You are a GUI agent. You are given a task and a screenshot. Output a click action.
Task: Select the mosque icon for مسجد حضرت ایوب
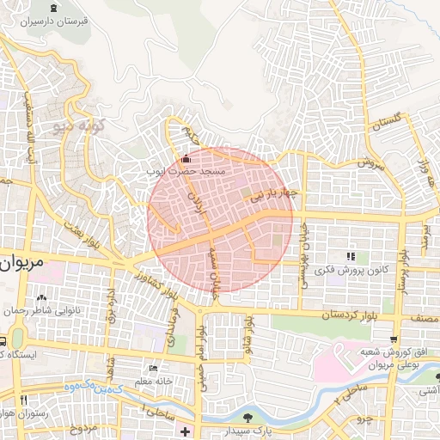(187, 158)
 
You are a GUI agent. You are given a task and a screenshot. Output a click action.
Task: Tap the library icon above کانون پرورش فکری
(350, 256)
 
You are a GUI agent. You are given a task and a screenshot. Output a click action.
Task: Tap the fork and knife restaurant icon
(23, 400)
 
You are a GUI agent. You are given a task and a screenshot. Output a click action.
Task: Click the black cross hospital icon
(183, 427)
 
